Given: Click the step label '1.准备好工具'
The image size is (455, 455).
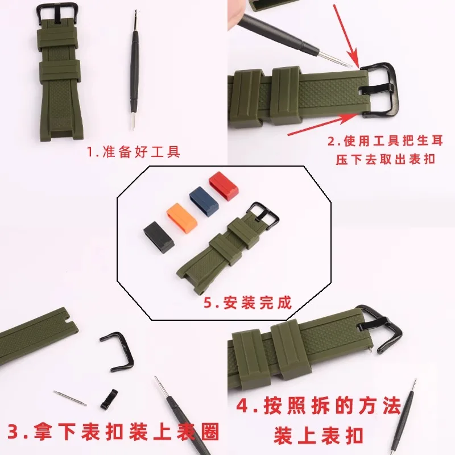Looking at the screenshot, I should click(133, 152).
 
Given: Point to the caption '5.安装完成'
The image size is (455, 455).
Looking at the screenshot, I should click(247, 302).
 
